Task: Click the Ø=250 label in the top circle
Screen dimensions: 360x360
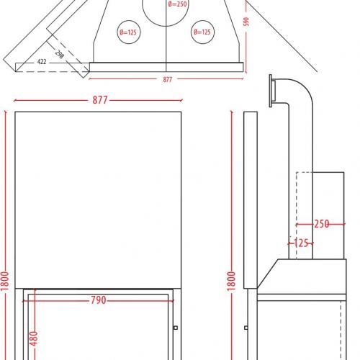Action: pyautogui.click(x=177, y=4)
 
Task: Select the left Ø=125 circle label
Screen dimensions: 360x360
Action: pyautogui.click(x=128, y=32)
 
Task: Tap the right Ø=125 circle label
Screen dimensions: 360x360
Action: pyautogui.click(x=202, y=32)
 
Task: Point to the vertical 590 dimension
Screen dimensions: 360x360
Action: pyautogui.click(x=246, y=22)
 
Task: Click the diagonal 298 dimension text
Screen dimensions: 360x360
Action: pyautogui.click(x=60, y=54)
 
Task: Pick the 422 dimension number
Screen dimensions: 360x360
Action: pyautogui.click(x=42, y=62)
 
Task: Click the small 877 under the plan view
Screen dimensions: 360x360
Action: pyautogui.click(x=168, y=79)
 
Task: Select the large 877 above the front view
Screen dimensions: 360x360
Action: pyautogui.click(x=100, y=100)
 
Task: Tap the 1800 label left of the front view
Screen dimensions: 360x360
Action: pyautogui.click(x=4, y=281)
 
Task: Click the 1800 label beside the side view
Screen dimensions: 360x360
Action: pyautogui.click(x=231, y=282)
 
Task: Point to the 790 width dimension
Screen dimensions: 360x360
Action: pyautogui.click(x=99, y=300)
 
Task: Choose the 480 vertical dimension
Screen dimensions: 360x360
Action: pyautogui.click(x=34, y=338)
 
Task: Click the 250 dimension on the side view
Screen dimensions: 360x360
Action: pyautogui.click(x=322, y=224)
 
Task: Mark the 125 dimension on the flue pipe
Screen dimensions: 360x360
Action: pyautogui.click(x=301, y=243)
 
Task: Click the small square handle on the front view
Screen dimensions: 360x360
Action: pyautogui.click(x=176, y=328)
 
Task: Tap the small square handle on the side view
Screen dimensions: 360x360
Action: pyautogui.click(x=246, y=328)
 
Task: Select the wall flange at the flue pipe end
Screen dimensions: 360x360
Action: pyautogui.click(x=271, y=91)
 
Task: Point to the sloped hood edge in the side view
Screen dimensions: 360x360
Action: pyautogui.click(x=268, y=274)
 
